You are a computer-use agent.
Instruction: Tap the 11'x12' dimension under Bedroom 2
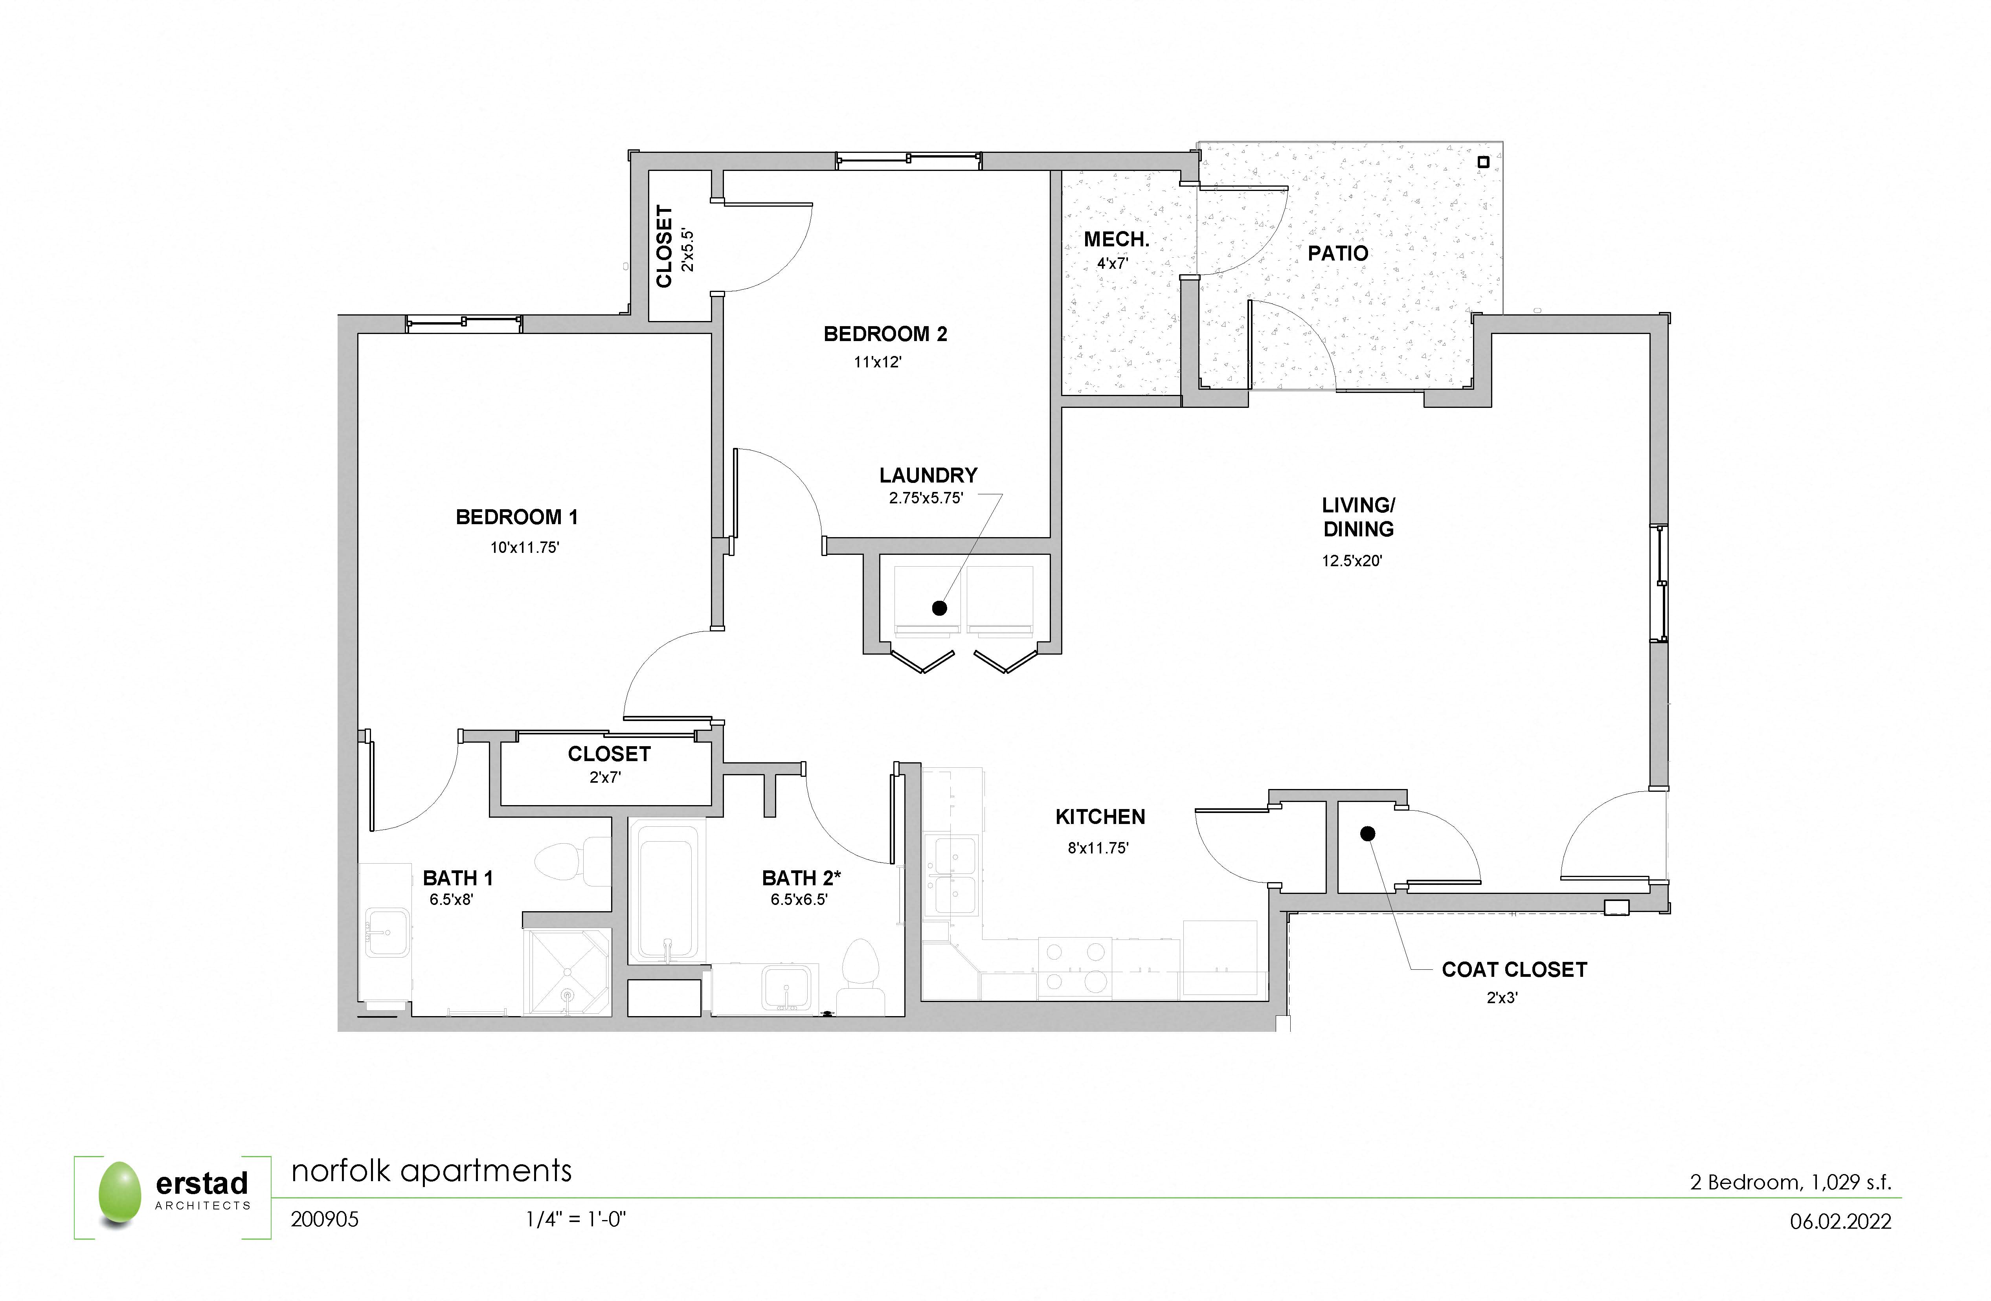878,362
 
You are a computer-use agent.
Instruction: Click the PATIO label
1338,253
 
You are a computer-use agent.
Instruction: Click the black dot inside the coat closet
1367,834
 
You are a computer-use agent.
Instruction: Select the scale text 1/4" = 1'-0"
575,1220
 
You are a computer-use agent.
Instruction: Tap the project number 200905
325,1220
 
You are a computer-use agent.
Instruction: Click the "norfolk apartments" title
431,1171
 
